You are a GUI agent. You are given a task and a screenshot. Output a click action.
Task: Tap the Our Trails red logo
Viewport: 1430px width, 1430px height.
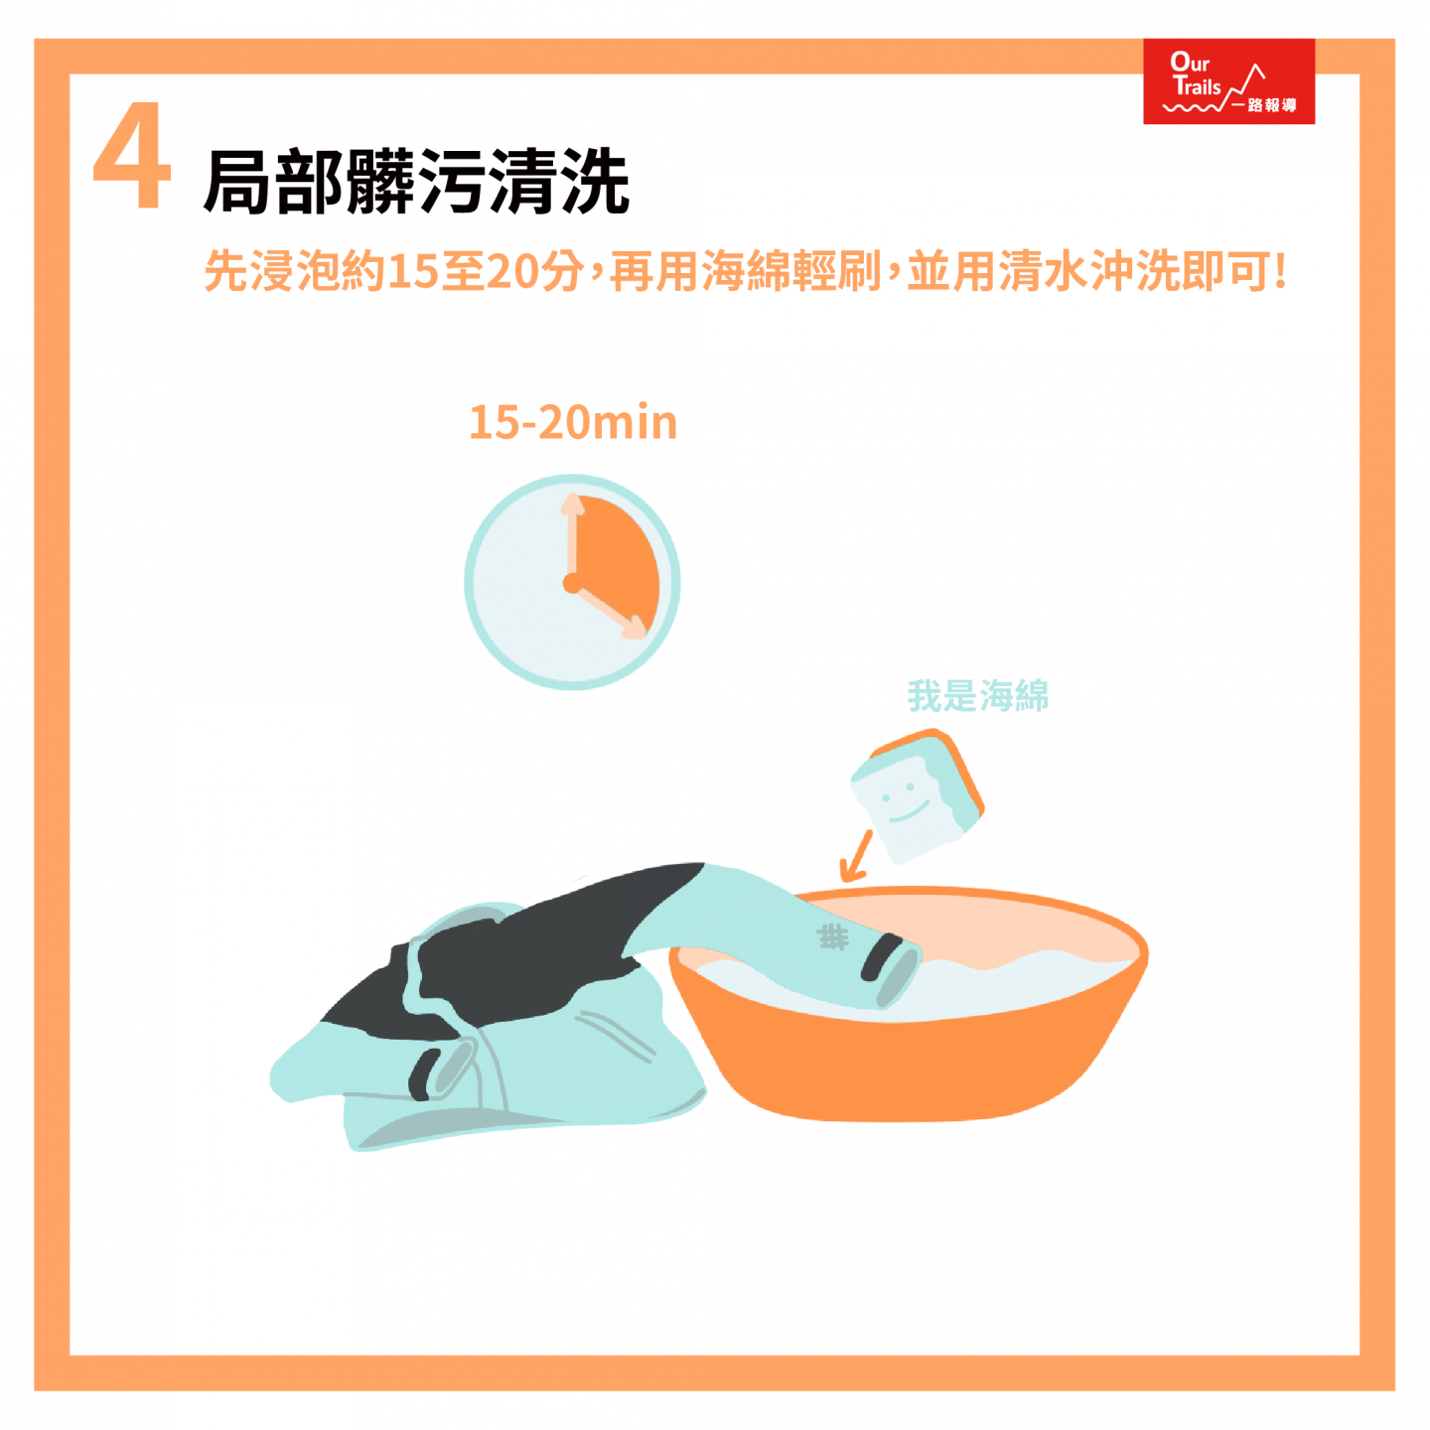coord(1228,80)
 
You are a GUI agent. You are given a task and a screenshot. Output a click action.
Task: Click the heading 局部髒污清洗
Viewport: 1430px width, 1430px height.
coord(416,182)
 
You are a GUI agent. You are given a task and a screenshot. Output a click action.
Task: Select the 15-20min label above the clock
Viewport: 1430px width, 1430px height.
coord(573,422)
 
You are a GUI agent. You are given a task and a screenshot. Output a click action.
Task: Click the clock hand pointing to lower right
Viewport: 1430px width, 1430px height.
coord(609,609)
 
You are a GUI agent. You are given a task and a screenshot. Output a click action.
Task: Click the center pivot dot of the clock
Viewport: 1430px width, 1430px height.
coord(572,583)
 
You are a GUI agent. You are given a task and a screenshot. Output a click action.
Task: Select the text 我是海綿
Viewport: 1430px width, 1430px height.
coord(977,695)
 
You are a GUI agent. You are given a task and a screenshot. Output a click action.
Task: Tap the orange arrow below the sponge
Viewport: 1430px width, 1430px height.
coord(855,855)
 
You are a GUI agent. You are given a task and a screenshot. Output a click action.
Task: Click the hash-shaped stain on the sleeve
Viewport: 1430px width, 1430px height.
coord(832,936)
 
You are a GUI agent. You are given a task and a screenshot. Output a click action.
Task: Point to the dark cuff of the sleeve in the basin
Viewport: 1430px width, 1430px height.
coord(881,957)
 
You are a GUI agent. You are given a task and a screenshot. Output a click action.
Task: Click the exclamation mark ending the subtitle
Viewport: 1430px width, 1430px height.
coord(1279,271)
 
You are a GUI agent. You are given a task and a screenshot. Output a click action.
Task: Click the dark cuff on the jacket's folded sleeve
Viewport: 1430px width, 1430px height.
coord(422,1075)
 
